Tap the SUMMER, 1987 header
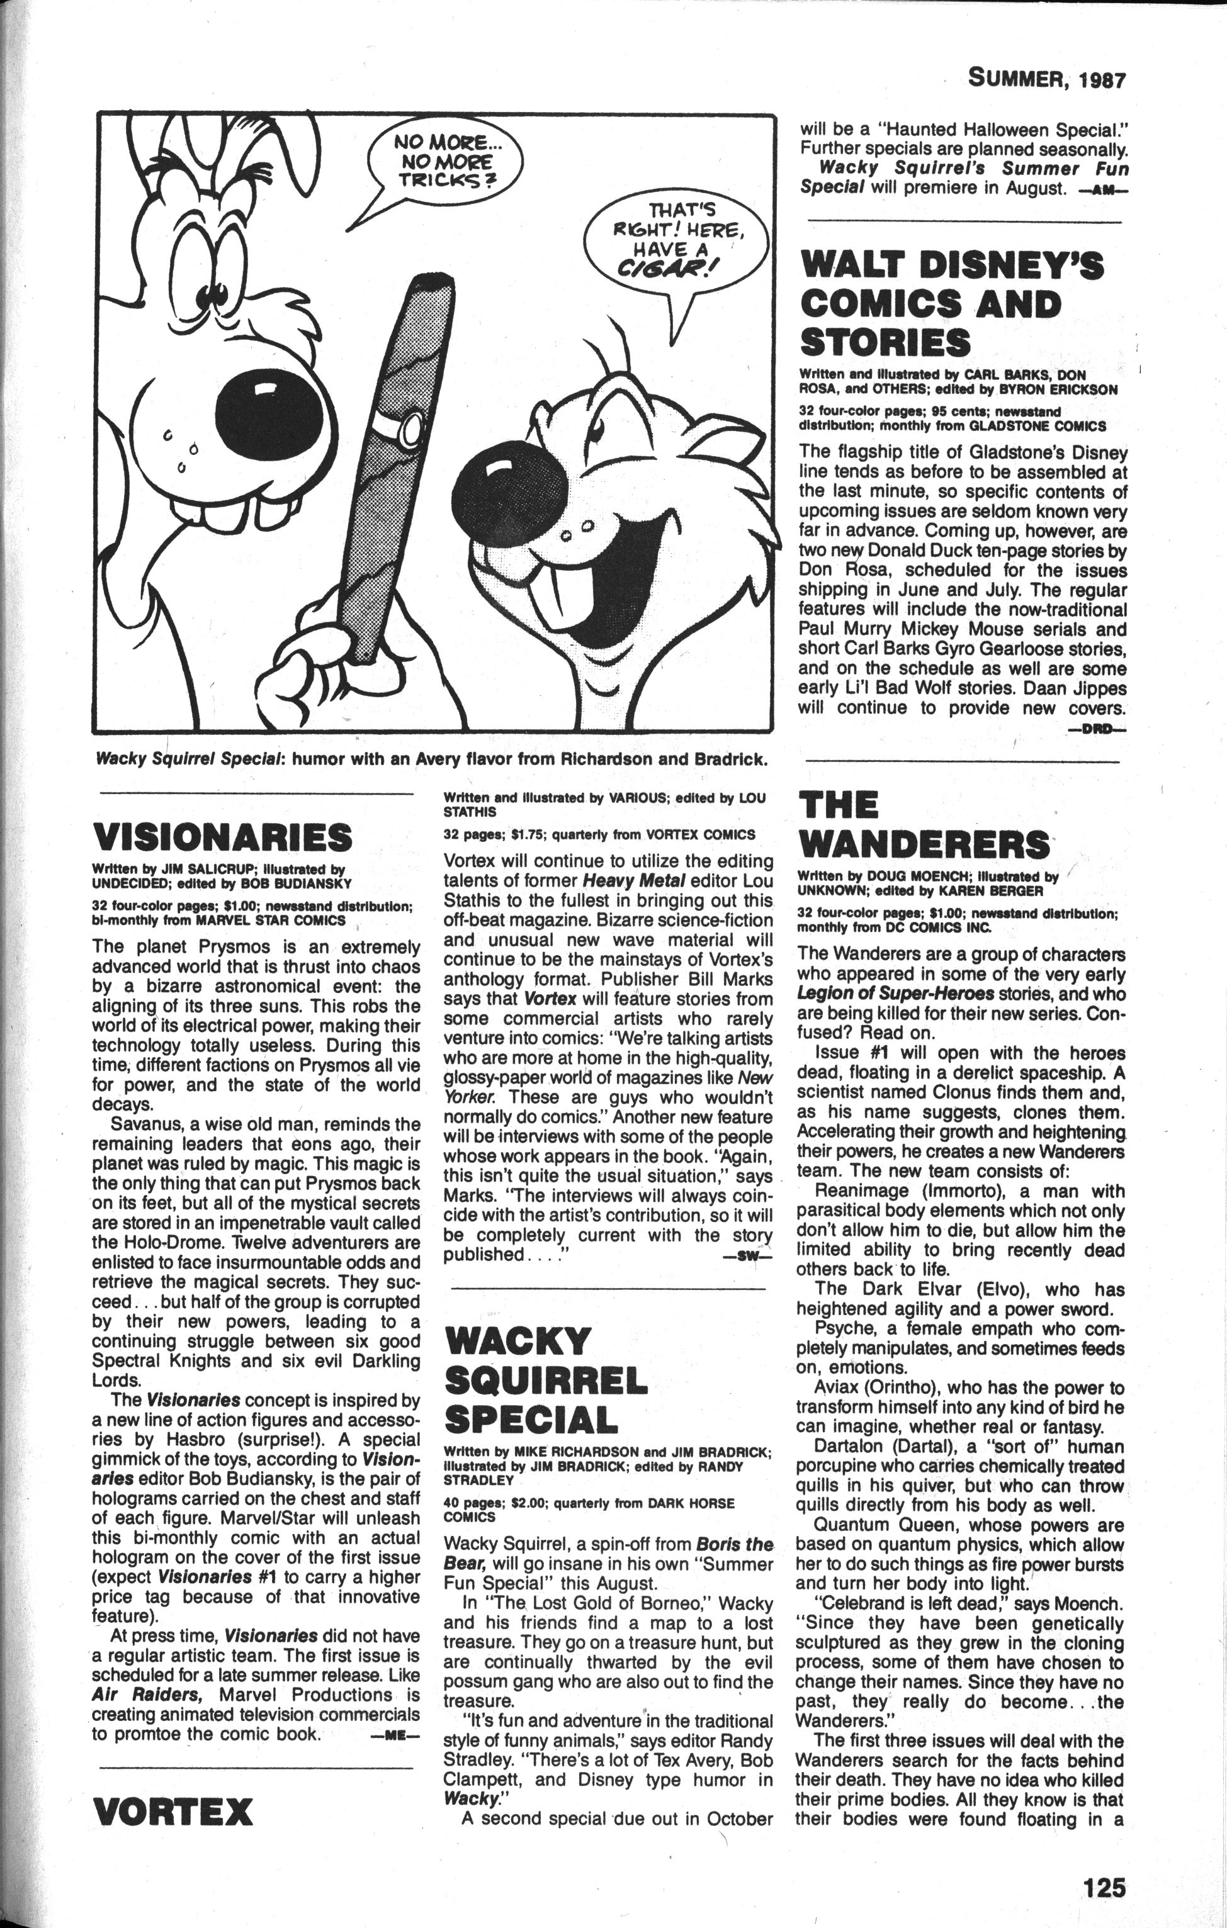[1047, 79]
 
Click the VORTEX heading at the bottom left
[173, 1805]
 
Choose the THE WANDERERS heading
[923, 825]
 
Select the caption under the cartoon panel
[431, 759]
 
